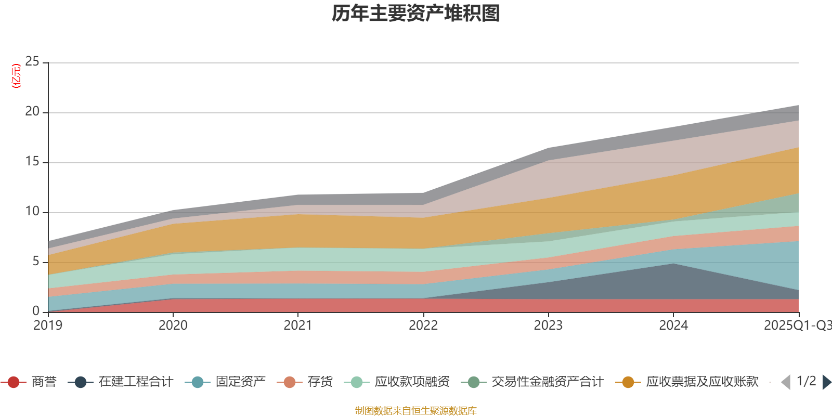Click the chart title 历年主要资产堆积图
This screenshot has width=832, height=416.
point(416,14)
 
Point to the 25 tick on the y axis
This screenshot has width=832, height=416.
point(32,62)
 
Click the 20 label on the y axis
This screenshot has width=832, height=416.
point(32,112)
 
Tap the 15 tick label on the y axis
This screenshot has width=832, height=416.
point(32,162)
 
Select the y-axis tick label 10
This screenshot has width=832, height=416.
point(32,212)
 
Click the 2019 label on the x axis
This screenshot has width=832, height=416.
point(48,326)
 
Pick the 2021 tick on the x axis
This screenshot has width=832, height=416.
point(297,326)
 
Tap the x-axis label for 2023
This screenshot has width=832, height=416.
point(548,326)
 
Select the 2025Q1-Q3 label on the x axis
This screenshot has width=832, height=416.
point(797,326)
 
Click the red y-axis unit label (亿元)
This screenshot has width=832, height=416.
point(16,76)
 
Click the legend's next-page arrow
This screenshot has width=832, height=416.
point(827,382)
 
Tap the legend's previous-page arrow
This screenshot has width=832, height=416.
point(786,382)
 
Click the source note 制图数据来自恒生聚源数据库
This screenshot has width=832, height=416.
point(416,411)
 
